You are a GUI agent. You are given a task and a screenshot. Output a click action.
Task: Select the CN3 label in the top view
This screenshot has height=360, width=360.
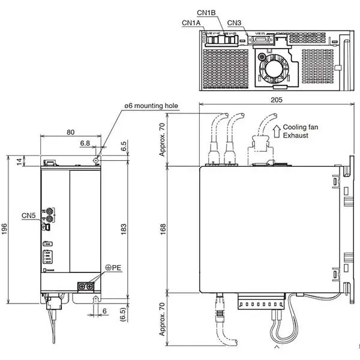coord(235,23)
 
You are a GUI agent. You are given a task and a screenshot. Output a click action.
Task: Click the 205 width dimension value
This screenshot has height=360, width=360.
coord(276,99)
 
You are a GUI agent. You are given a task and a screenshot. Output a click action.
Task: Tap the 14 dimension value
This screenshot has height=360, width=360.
coord(19,161)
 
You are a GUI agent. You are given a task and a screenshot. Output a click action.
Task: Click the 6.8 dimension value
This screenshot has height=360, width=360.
coord(85,143)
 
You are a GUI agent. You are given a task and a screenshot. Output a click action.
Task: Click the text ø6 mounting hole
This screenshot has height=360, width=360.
coord(151,106)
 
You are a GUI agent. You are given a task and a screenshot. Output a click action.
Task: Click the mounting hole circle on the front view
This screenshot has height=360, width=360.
coord(97,160)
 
